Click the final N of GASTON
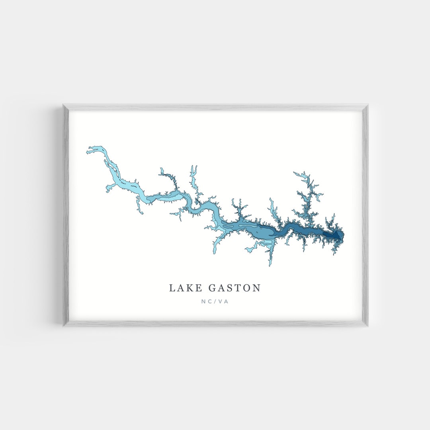pos(256,288)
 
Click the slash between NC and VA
pos(215,301)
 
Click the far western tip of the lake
pos(88,151)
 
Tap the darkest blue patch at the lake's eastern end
pos(334,235)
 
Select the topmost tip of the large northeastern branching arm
pos(295,173)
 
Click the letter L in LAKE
pos(172,288)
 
